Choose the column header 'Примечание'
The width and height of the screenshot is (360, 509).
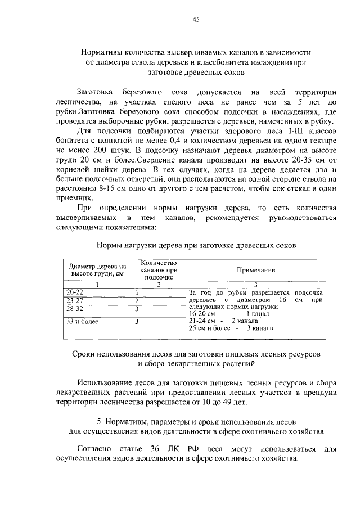[255, 270]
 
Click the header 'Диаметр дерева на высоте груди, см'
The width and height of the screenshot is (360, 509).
[97, 269]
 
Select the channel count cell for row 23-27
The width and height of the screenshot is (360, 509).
[137, 301]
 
